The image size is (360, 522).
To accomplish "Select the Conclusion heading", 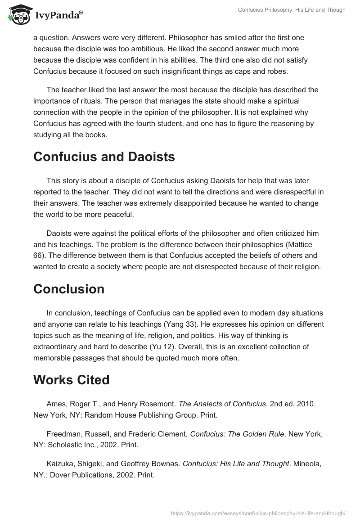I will coord(69,289).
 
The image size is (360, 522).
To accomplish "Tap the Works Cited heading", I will coord(71,380).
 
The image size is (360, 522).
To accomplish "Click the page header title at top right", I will coord(292,10).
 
